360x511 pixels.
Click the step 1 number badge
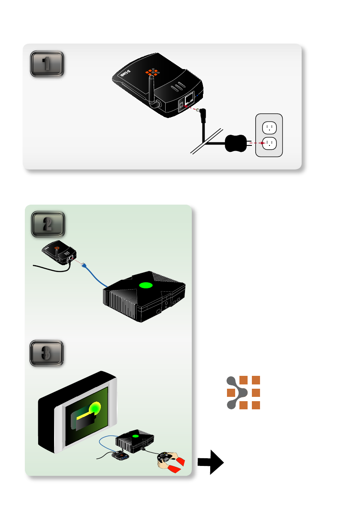click(47, 64)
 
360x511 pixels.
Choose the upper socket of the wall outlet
click(269, 127)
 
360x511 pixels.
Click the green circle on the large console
click(146, 285)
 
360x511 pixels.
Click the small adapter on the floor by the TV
click(121, 456)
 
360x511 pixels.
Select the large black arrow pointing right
click(211, 463)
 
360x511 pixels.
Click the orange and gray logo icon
click(243, 392)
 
